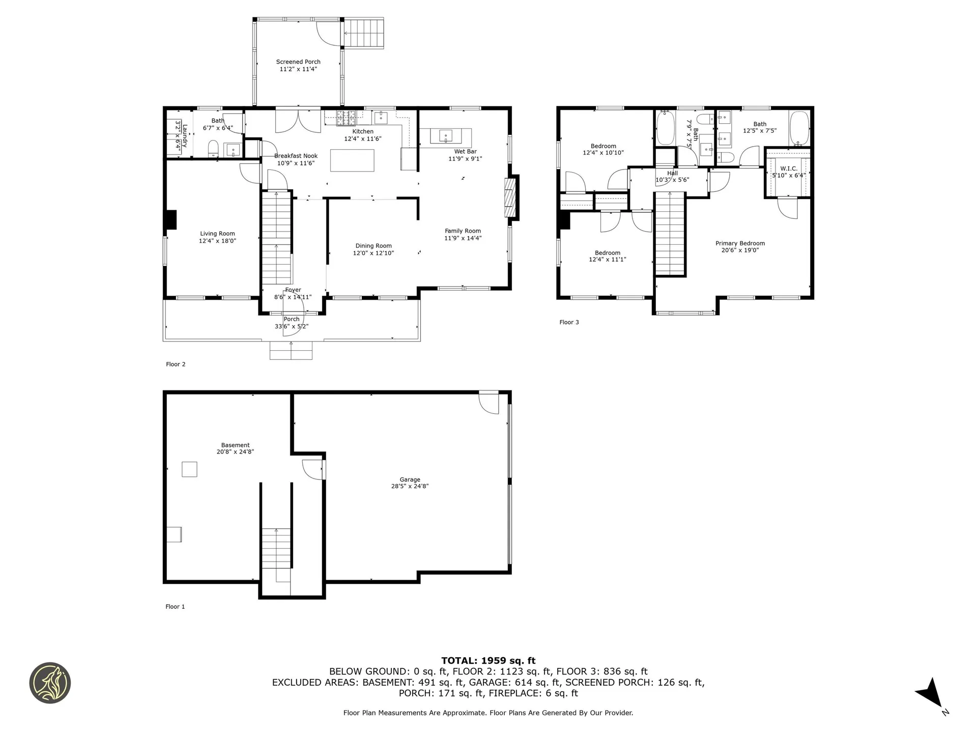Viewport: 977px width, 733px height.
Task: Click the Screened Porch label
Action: click(298, 62)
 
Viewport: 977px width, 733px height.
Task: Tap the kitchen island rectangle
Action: click(352, 160)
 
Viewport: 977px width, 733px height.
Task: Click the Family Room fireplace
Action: click(511, 198)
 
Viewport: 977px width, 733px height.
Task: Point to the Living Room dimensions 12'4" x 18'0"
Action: click(217, 241)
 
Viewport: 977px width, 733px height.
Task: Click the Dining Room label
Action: click(373, 246)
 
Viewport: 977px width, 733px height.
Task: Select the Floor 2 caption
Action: click(176, 364)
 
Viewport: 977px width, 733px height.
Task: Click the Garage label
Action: click(410, 480)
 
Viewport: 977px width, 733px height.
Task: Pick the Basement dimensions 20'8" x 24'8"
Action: click(235, 452)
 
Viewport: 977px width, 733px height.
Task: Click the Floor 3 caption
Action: click(569, 322)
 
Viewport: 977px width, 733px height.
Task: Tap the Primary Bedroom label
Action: click(740, 243)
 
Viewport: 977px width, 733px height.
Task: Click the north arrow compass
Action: click(931, 692)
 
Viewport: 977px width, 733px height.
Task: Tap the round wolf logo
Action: click(50, 683)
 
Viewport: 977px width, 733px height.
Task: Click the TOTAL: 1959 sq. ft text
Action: click(488, 661)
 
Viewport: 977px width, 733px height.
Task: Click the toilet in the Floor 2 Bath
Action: click(213, 150)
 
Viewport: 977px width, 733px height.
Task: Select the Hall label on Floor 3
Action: click(672, 173)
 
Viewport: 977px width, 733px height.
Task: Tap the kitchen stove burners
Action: click(347, 118)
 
